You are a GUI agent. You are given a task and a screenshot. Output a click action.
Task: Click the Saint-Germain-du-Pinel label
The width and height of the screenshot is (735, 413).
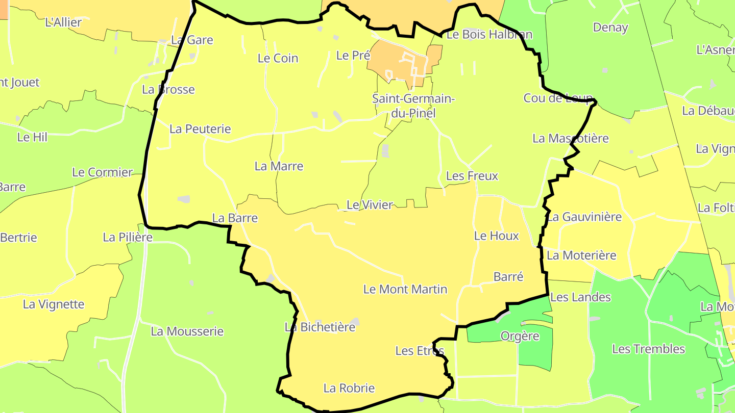(413, 106)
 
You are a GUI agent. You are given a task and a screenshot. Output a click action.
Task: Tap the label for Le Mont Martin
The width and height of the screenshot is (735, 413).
(405, 289)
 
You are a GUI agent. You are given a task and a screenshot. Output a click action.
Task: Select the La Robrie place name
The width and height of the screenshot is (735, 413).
(349, 388)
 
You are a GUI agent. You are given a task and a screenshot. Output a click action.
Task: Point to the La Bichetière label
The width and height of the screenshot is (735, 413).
(320, 327)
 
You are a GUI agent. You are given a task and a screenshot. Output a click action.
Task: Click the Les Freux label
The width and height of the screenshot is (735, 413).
(472, 176)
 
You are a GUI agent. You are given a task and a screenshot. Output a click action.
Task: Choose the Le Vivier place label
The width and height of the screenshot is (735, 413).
(370, 205)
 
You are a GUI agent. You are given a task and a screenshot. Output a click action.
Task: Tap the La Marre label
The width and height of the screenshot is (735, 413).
(279, 166)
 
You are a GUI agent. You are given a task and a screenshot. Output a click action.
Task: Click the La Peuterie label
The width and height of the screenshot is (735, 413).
(200, 129)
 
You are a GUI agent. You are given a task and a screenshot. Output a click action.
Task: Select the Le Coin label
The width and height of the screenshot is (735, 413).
(278, 58)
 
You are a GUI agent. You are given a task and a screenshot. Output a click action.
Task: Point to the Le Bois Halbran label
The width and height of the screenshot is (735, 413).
(489, 34)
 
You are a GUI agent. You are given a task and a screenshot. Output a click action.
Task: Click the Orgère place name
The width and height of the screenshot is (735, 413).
(520, 336)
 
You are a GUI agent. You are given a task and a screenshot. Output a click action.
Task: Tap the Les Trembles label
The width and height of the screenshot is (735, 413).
(648, 349)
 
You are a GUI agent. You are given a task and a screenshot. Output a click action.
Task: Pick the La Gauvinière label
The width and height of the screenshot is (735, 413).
(584, 217)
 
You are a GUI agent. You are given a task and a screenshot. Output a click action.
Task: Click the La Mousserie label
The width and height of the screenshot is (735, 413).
(187, 331)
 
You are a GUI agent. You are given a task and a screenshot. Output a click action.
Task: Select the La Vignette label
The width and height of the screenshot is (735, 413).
(54, 304)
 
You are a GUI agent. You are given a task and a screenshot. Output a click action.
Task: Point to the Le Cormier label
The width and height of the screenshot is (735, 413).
(102, 172)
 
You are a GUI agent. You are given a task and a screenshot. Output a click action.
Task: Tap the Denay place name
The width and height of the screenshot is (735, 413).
(610, 28)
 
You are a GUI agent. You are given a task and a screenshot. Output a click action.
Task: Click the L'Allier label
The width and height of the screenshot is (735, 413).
(63, 22)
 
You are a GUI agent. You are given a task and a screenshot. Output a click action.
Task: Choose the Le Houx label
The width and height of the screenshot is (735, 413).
(496, 236)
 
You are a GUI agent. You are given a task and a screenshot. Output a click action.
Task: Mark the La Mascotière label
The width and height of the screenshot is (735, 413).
(571, 138)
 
